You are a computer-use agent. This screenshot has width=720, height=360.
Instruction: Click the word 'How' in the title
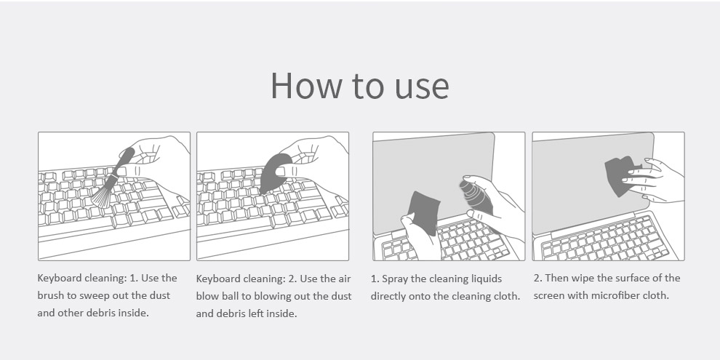click(306, 85)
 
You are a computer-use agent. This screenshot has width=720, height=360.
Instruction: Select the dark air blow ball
click(273, 172)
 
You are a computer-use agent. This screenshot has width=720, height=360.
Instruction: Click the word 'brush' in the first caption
click(51, 295)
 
